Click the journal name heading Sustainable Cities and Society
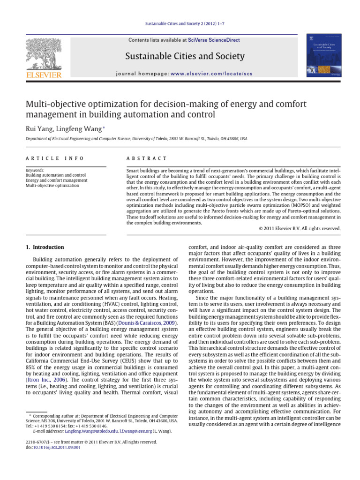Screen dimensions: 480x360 (x=185, y=57)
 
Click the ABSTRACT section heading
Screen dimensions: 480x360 (x=147, y=159)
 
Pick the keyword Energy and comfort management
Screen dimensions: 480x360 (x=56, y=180)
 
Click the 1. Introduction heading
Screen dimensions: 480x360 (x=45, y=247)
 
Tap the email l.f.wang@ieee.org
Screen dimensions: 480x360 (x=135, y=431)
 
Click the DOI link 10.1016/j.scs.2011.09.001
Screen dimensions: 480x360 (x=54, y=447)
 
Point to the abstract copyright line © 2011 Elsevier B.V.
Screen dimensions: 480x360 (x=300, y=228)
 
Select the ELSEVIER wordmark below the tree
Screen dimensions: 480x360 (x=43, y=75)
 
